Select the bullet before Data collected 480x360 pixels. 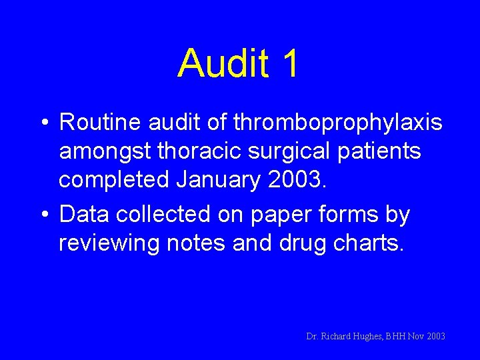point(43,216)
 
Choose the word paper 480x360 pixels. point(291,216)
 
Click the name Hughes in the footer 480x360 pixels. point(366,337)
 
